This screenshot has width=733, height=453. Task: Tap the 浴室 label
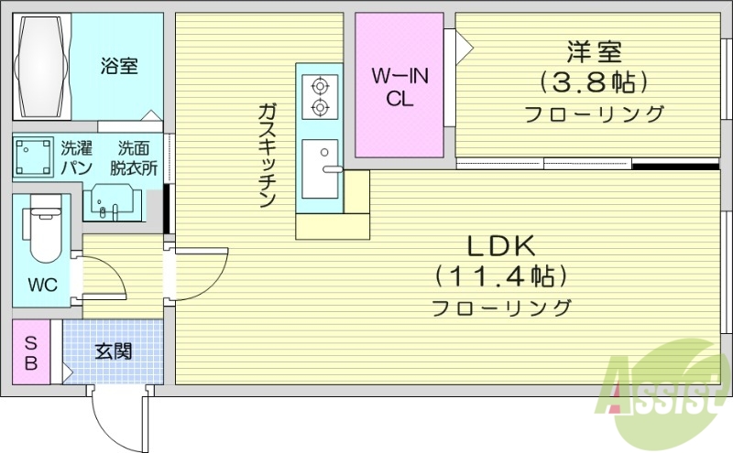click(119, 66)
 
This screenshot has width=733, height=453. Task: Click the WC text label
click(41, 285)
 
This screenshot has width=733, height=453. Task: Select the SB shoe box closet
click(31, 352)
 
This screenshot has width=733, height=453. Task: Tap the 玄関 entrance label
click(113, 351)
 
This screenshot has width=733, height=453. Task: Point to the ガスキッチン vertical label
click(268, 156)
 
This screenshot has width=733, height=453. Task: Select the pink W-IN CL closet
click(399, 85)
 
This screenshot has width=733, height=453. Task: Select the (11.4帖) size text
click(500, 275)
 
